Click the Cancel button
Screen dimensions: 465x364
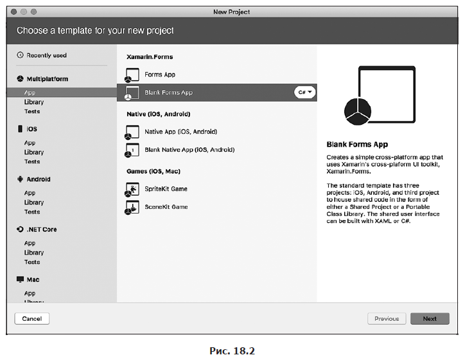pyautogui.click(x=31, y=318)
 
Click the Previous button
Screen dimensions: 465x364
pyautogui.click(x=387, y=318)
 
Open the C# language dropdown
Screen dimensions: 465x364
pyautogui.click(x=304, y=93)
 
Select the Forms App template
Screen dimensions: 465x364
pyautogui.click(x=160, y=75)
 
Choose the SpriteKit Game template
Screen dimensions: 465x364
pyautogui.click(x=166, y=189)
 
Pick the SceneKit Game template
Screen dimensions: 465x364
pyautogui.click(x=166, y=207)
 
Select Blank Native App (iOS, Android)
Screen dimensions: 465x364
pyautogui.click(x=189, y=150)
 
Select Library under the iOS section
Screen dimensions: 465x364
pyautogui.click(x=34, y=152)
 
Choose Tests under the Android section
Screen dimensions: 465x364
pyautogui.click(x=32, y=212)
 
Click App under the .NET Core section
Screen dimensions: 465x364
pyautogui.click(x=30, y=243)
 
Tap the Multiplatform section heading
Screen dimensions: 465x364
pyautogui.click(x=47, y=79)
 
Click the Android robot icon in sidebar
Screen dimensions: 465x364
pyautogui.click(x=20, y=179)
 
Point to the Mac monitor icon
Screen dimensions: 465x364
pyautogui.click(x=20, y=279)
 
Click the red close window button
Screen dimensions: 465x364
pyautogui.click(x=13, y=12)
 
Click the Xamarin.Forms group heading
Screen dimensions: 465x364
pyautogui.click(x=150, y=57)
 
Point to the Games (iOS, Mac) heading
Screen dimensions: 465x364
pyautogui.click(x=154, y=171)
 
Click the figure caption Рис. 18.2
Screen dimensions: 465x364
pyautogui.click(x=232, y=351)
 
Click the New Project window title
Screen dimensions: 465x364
pyautogui.click(x=232, y=12)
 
